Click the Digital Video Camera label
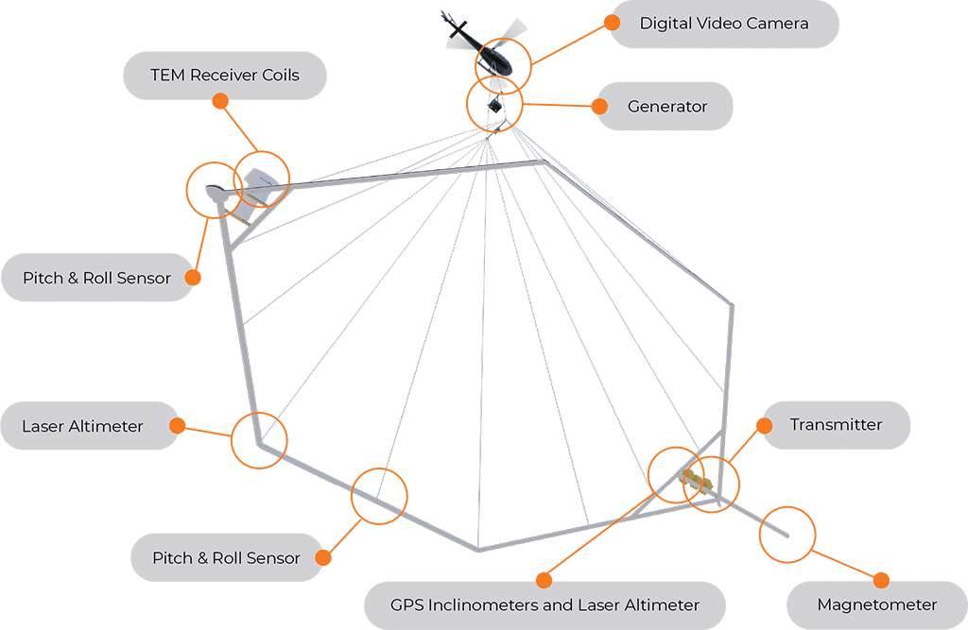point(723,24)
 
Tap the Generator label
point(666,106)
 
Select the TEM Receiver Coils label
point(225,76)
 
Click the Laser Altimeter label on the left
point(82,426)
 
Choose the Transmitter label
point(836,424)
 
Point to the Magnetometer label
point(876,604)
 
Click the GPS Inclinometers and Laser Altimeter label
point(544,604)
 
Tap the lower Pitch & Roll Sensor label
point(226,558)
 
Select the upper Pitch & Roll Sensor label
point(96,278)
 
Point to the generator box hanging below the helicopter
point(494,106)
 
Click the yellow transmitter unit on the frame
point(697,480)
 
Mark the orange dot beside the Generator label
point(599,106)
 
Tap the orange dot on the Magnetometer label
point(882,580)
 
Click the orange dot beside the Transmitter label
point(764,425)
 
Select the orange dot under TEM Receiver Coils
point(220,101)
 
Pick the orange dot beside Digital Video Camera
point(612,23)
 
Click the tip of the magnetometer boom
point(787,536)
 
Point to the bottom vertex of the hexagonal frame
point(478,549)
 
